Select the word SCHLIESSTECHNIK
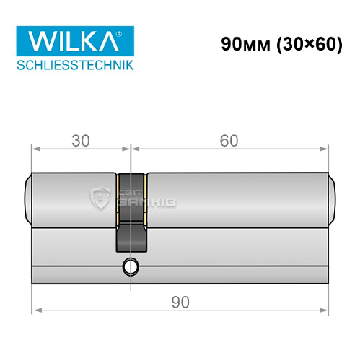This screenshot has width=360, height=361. pos(75,65)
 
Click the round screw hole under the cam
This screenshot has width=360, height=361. pos(131,267)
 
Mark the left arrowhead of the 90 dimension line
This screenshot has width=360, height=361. pos(36,311)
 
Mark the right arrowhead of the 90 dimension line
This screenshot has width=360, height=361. pos(326,311)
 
